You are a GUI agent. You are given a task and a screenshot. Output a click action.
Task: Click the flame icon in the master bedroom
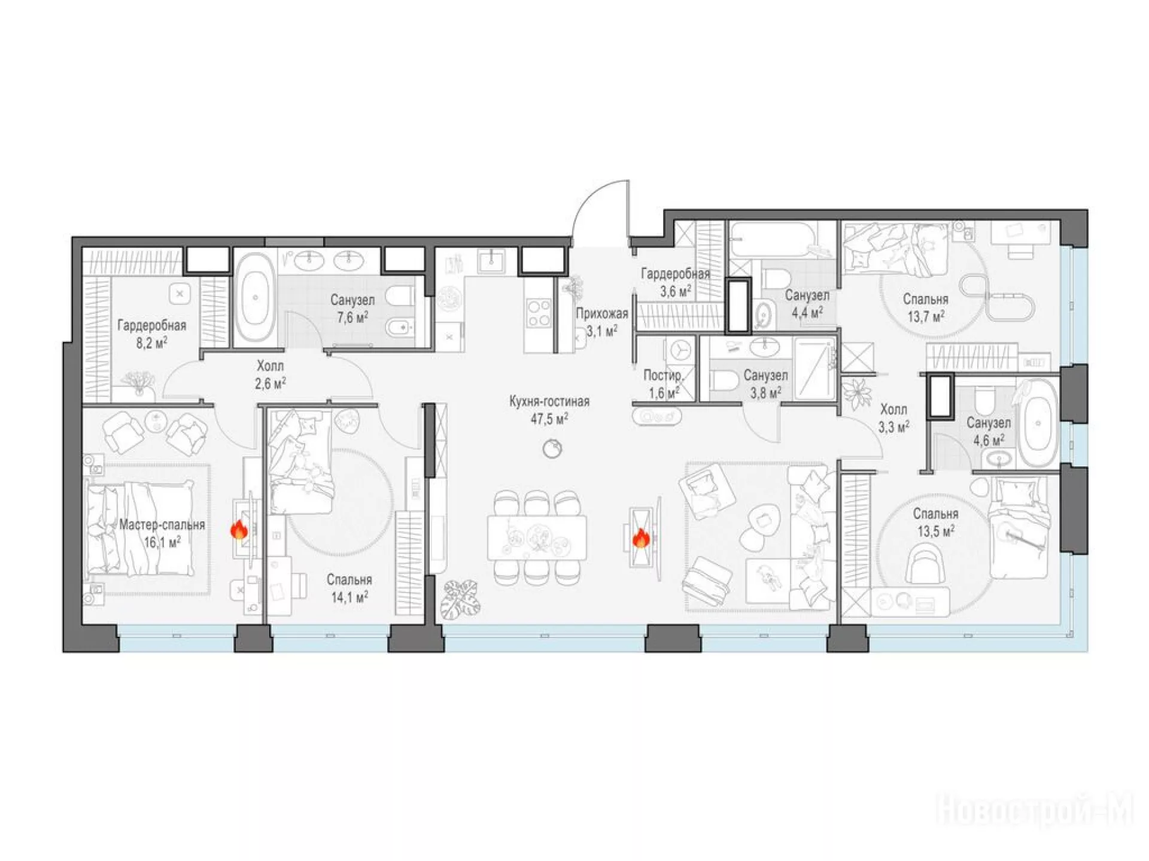239,530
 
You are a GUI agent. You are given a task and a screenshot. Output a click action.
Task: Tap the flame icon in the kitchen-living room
641,538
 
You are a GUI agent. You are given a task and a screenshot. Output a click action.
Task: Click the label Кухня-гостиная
549,401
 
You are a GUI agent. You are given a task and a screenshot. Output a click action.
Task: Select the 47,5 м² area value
549,419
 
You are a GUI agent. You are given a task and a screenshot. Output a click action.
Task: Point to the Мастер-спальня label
162,525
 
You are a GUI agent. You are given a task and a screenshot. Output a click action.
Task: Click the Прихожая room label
602,313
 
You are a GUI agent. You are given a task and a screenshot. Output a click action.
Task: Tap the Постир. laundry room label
663,375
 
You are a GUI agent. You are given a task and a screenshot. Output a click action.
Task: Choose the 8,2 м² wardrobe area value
151,343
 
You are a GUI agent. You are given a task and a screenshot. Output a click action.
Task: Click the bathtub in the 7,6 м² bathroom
256,298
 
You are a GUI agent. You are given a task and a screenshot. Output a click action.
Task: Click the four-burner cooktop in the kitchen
539,313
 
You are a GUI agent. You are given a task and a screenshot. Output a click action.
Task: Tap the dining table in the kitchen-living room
537,538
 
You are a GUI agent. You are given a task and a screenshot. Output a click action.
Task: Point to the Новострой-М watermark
1035,811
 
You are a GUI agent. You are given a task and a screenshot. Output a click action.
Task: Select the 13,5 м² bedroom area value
935,531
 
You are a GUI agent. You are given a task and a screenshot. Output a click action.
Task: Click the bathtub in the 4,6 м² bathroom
1038,423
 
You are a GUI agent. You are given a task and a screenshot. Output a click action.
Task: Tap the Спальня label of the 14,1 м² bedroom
349,579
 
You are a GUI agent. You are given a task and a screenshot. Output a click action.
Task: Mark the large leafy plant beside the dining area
460,599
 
